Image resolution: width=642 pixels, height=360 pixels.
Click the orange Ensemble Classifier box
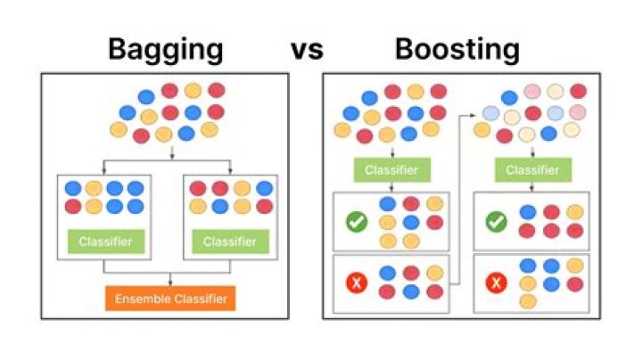pyautogui.click(x=169, y=299)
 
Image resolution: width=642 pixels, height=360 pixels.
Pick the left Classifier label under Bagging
pyautogui.click(x=104, y=241)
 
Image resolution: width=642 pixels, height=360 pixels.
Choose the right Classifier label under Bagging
pyautogui.click(x=229, y=241)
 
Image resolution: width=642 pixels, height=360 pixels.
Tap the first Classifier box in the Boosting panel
pyautogui.click(x=392, y=169)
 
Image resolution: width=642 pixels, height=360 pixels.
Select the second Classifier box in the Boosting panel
pyautogui.click(x=532, y=169)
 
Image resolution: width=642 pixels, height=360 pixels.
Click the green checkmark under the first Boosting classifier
pyautogui.click(x=357, y=222)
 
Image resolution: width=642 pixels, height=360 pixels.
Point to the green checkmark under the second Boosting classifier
pyautogui.click(x=497, y=222)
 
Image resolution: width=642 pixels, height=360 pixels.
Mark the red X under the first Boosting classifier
pyautogui.click(x=357, y=283)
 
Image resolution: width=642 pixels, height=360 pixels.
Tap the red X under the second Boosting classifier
pyautogui.click(x=497, y=283)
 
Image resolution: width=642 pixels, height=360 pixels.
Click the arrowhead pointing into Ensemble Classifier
pyautogui.click(x=169, y=282)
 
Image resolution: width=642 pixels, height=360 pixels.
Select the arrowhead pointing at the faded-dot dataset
pyautogui.click(x=472, y=114)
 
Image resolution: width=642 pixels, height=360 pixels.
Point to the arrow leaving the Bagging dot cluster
pyautogui.click(x=169, y=152)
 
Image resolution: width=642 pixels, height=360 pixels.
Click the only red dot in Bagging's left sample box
pyautogui.click(x=71, y=207)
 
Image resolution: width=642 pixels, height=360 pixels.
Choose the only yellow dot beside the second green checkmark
pyautogui.click(x=574, y=212)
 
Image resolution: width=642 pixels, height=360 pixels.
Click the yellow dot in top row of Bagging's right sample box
pyautogui.click(x=242, y=189)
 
